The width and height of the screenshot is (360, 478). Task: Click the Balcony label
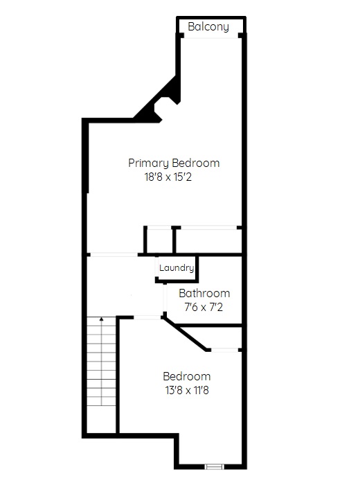pos(208,27)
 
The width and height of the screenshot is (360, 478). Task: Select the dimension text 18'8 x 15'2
pos(168,177)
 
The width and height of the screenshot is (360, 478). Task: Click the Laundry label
pos(177,268)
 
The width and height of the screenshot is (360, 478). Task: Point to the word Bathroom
pos(204,293)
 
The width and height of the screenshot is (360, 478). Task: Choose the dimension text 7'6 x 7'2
pos(204,307)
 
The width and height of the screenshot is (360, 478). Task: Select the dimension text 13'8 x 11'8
pos(187,390)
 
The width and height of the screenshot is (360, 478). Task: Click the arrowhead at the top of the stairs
pos(101,319)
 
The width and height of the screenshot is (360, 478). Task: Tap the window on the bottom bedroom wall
pos(214,467)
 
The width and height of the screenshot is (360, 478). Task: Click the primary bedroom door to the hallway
pos(114,254)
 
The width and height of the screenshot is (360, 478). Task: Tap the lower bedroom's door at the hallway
pos(147,318)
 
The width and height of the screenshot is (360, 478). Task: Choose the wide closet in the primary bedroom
pos(209,240)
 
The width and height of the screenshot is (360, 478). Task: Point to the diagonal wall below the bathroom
pos(185,333)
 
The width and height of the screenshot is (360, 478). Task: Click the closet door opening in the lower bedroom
pos(224,350)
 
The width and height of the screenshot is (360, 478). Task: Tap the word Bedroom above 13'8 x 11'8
pos(187,376)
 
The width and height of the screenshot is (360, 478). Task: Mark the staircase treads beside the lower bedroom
pos(101,361)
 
